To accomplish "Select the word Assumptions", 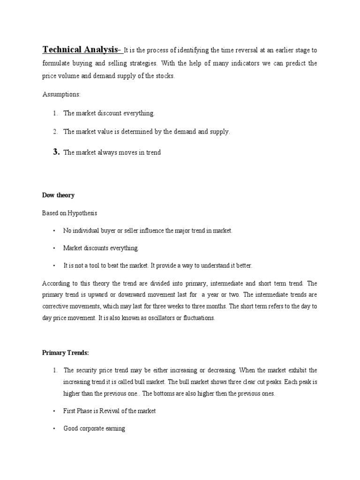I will coord(61,94).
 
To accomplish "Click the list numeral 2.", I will coord(55,132).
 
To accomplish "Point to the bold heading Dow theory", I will coord(58,195).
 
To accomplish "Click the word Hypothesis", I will coord(82,213).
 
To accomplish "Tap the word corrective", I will coord(55,306).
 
